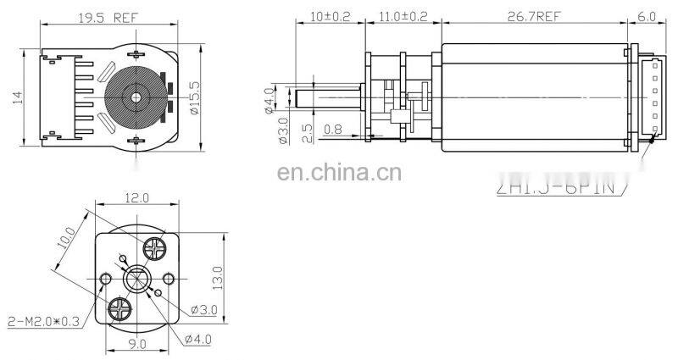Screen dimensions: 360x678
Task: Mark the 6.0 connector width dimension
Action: (x=647, y=14)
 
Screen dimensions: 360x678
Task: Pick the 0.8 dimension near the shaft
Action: (x=333, y=130)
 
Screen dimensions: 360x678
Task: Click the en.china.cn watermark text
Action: (x=339, y=175)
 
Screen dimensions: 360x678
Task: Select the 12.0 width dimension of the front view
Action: (x=135, y=198)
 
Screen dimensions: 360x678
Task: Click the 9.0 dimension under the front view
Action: (x=137, y=344)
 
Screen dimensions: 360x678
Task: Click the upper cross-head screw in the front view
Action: (x=156, y=248)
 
